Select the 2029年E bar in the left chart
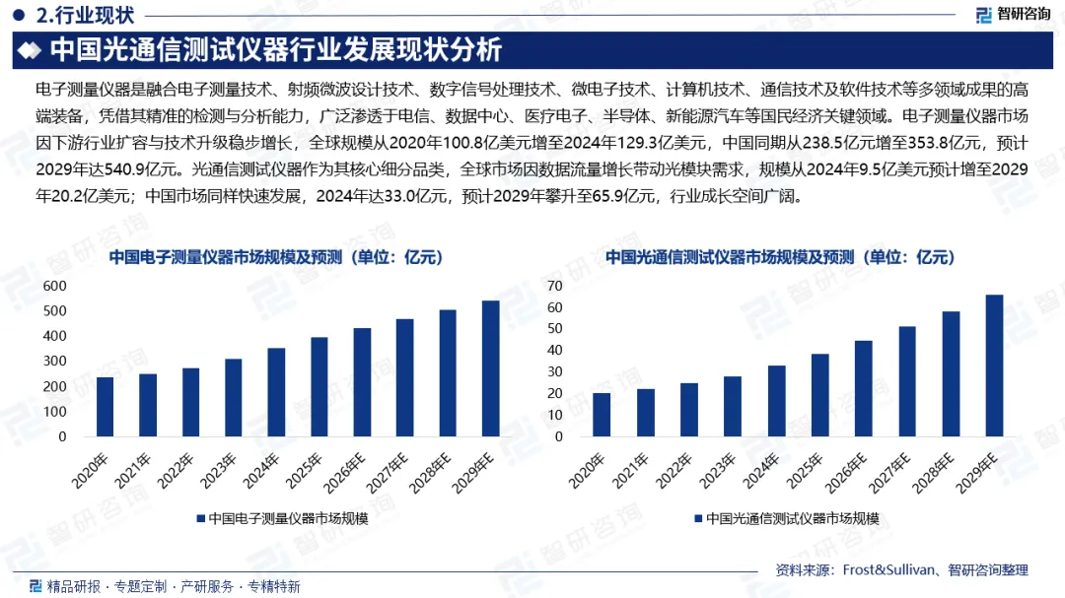pyautogui.click(x=490, y=368)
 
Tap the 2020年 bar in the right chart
pyautogui.click(x=602, y=415)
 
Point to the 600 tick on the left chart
pyautogui.click(x=54, y=286)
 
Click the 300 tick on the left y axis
pyautogui.click(x=54, y=362)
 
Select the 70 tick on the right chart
pyautogui.click(x=554, y=286)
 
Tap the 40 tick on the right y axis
pyautogui.click(x=554, y=350)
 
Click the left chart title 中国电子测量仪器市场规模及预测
pyautogui.click(x=276, y=257)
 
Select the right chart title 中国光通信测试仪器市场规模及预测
pyautogui.click(x=780, y=257)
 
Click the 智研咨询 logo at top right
pyautogui.click(x=1013, y=14)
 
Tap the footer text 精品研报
pyautogui.click(x=73, y=586)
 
